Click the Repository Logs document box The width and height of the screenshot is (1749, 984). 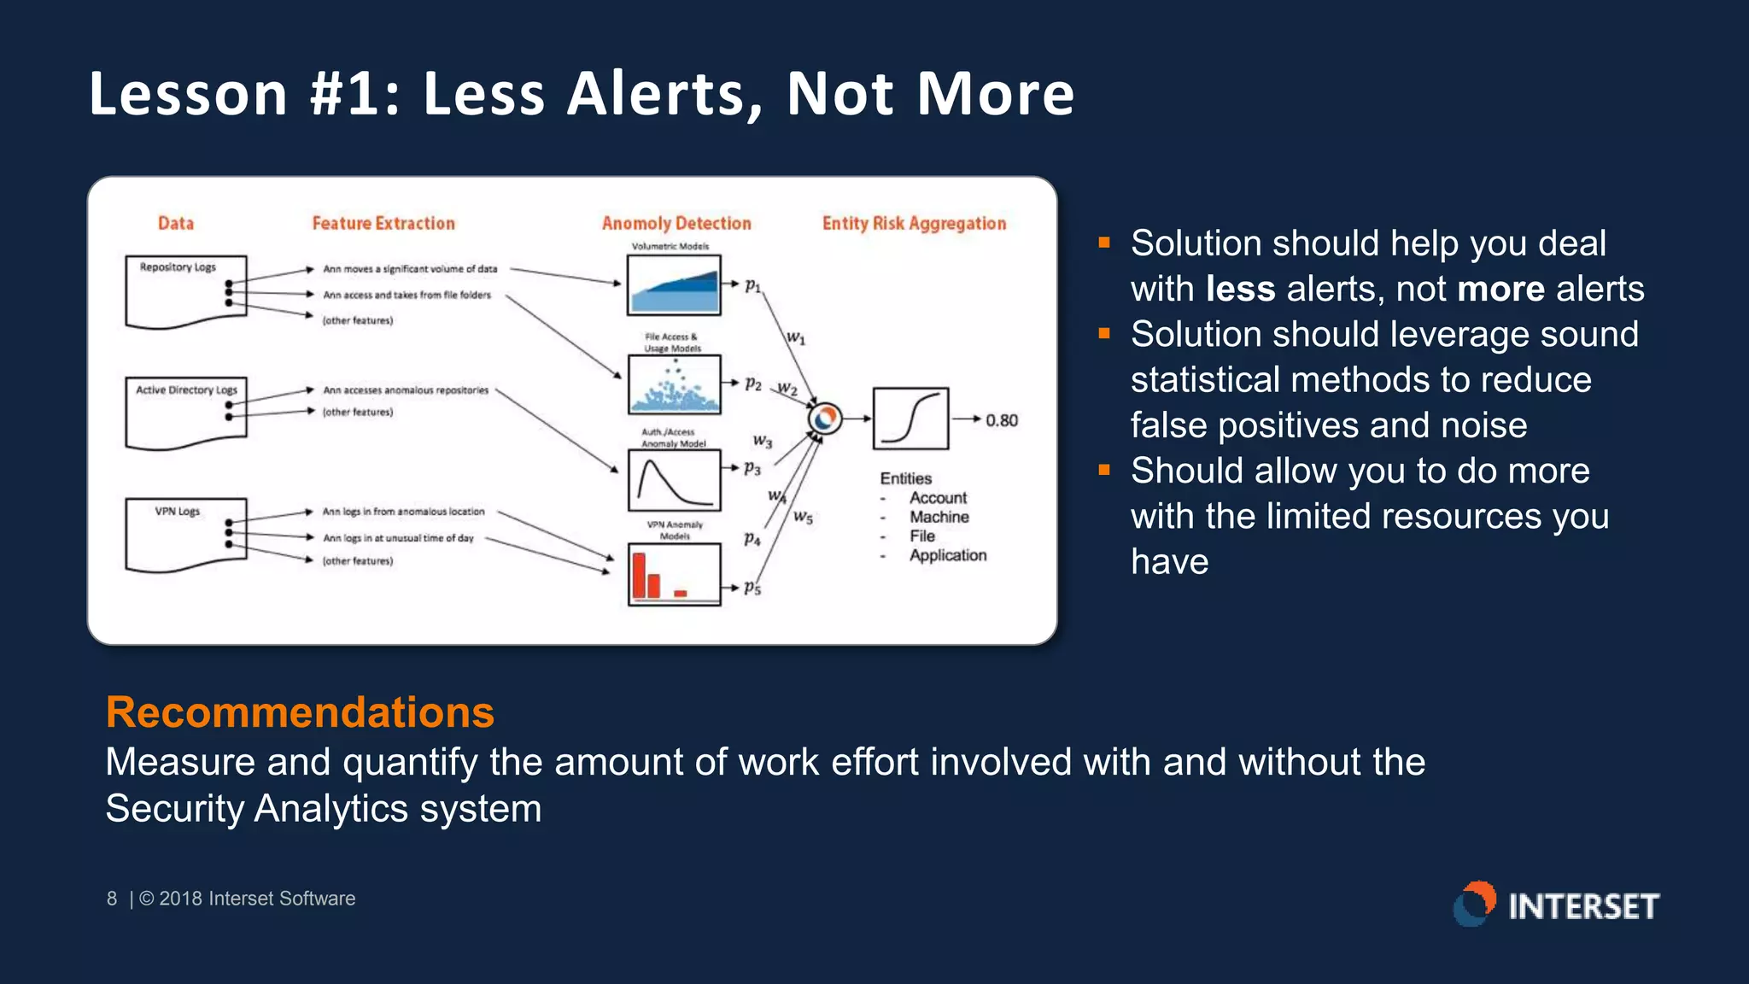(x=185, y=291)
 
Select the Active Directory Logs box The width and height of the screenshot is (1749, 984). (x=185, y=413)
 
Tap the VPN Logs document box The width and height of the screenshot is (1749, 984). (x=185, y=534)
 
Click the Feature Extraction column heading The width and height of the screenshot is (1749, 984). (x=383, y=223)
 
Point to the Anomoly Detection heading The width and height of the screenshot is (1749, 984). (x=676, y=223)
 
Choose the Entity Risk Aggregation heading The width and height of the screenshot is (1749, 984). (x=914, y=223)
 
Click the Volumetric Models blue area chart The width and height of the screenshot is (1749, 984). (x=674, y=285)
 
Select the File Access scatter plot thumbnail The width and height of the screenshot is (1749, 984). (x=674, y=384)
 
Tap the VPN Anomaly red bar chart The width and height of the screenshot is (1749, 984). (x=674, y=574)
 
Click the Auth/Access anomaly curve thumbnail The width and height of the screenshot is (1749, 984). (x=674, y=480)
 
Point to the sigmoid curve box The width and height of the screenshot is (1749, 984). (x=910, y=419)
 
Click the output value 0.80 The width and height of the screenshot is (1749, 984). (x=1001, y=420)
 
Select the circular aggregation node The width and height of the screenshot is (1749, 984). (x=825, y=419)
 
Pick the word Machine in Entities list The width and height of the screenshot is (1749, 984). (x=939, y=517)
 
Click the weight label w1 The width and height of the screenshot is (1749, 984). (x=795, y=338)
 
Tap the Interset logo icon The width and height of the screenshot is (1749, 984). (x=1475, y=904)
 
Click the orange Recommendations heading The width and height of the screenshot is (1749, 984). (x=300, y=712)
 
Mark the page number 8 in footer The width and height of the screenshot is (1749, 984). (x=112, y=899)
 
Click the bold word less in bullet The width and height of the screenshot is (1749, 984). (x=1240, y=289)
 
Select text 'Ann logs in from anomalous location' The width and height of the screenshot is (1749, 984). (x=403, y=512)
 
